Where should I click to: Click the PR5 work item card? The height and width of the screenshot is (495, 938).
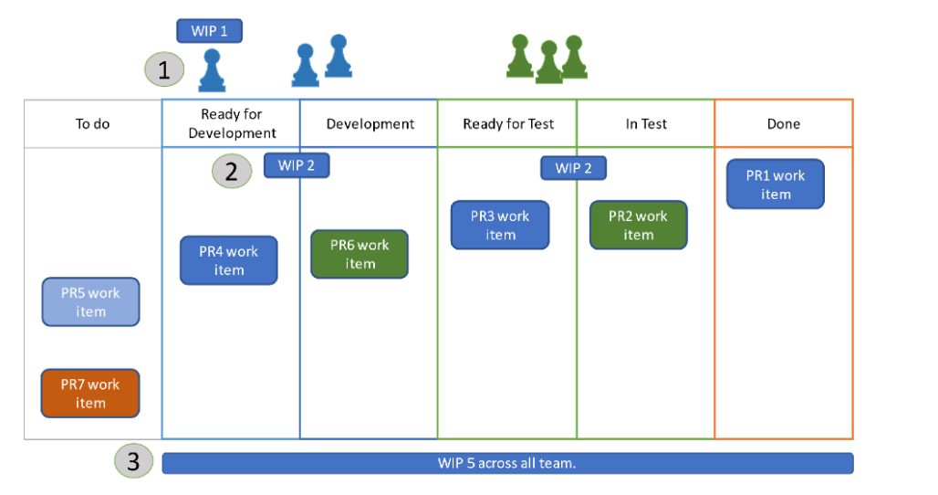90,302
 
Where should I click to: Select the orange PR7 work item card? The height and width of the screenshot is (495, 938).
90,394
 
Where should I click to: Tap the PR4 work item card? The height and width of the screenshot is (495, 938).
229,260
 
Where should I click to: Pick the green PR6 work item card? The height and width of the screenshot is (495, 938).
360,254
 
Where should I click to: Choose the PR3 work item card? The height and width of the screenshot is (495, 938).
500,225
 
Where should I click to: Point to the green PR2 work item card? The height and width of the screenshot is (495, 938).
638,225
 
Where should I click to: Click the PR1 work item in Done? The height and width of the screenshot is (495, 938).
776,184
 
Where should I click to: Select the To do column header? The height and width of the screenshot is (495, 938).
93,124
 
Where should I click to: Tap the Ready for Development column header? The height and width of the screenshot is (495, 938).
232,123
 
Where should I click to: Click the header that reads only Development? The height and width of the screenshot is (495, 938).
370,124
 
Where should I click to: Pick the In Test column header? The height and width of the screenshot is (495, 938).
646,124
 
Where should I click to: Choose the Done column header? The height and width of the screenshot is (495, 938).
783,124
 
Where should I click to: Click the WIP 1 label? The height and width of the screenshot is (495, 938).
210,31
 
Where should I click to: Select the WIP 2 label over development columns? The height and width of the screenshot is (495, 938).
297,165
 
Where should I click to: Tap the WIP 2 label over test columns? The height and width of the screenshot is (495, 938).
573,168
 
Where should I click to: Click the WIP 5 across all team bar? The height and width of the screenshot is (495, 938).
507,463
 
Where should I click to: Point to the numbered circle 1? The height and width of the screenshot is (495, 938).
164,69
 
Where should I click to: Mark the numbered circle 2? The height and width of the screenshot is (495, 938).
232,171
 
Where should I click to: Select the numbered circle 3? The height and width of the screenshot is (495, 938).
133,462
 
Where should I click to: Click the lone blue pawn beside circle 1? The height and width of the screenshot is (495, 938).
212,72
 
